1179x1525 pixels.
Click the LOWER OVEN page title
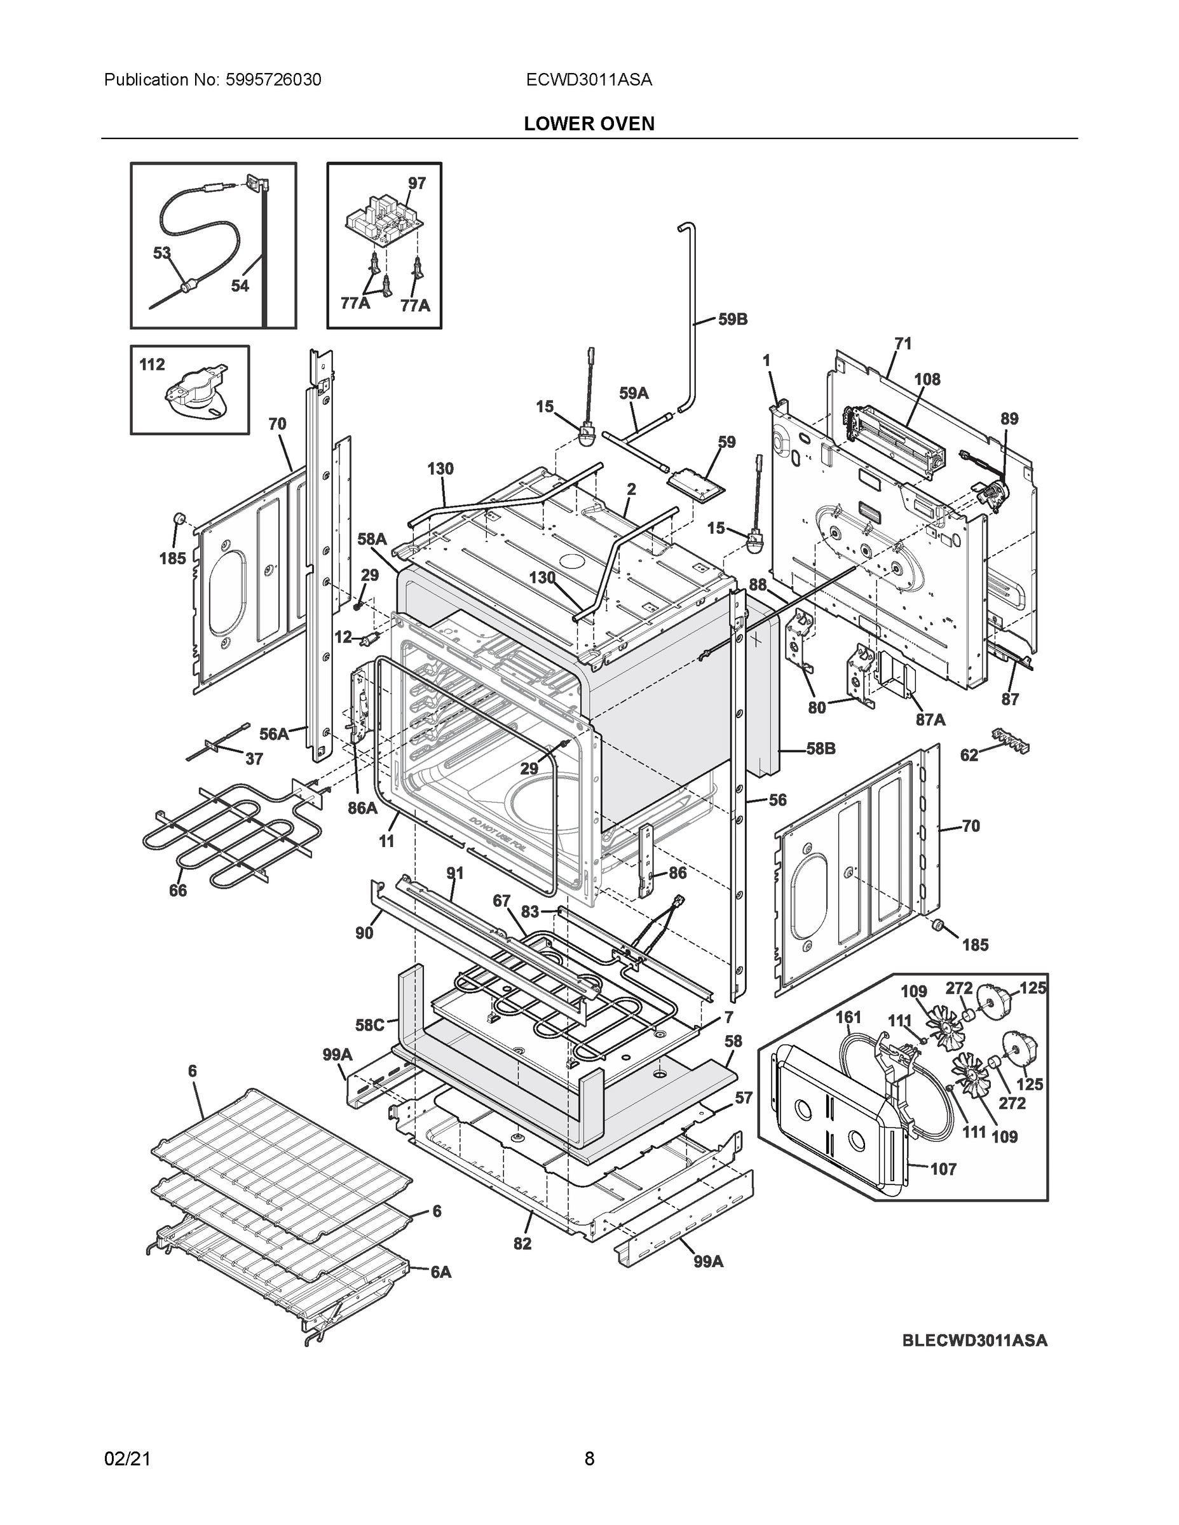coord(589,124)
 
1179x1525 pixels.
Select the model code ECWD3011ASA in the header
coord(589,79)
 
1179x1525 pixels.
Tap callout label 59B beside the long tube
coord(733,319)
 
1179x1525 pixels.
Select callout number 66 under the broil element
coord(177,890)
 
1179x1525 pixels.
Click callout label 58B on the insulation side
coord(821,749)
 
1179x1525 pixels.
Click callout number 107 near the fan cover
coord(943,1169)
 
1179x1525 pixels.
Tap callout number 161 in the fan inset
coord(848,1017)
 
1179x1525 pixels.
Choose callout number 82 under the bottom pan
coord(522,1243)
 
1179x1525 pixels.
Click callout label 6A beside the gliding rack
coord(440,1272)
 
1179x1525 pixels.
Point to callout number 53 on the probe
coord(162,253)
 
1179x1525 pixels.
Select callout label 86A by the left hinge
coord(362,809)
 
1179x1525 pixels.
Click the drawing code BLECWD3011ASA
coord(974,1341)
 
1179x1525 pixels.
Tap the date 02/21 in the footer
coord(127,1459)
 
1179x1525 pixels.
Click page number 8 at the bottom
coord(589,1459)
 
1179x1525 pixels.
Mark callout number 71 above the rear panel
coord(903,344)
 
